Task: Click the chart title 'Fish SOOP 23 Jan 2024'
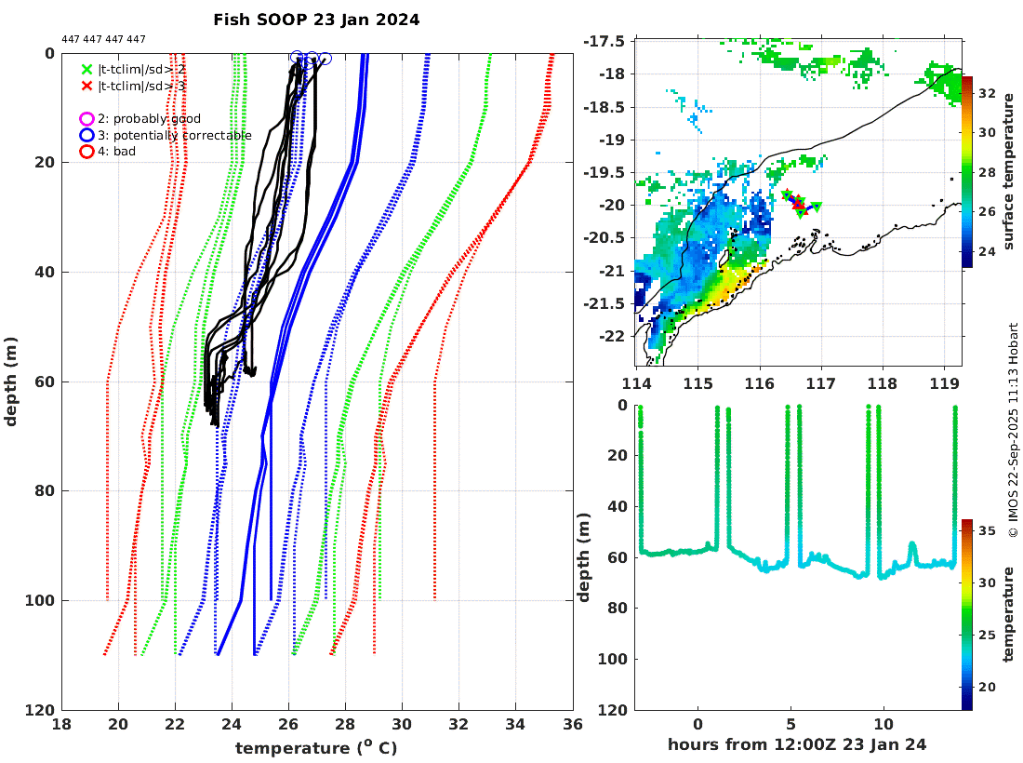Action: tap(316, 19)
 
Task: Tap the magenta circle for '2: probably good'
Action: tap(86, 119)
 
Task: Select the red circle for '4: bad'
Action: tap(86, 151)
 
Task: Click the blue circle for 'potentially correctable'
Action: tap(86, 135)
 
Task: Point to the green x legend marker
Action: tap(86, 69)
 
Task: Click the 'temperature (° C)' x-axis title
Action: tap(316, 747)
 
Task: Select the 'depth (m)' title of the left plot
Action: tap(12, 381)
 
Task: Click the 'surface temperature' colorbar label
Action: tap(1009, 172)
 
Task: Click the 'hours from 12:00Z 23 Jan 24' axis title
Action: tap(797, 744)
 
